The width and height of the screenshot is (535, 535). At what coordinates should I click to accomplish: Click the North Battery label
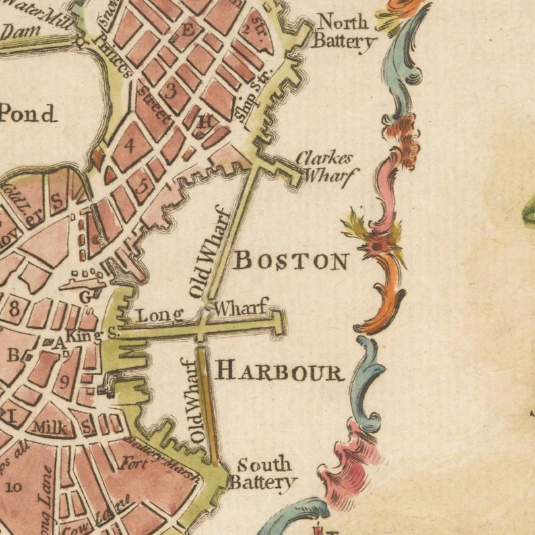[x=344, y=32]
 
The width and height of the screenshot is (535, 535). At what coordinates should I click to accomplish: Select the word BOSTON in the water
[x=291, y=260]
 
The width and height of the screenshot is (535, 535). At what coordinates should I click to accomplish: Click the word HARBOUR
[x=280, y=371]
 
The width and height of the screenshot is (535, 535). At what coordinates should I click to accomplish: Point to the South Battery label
[x=263, y=473]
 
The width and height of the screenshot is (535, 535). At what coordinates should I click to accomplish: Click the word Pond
[x=28, y=114]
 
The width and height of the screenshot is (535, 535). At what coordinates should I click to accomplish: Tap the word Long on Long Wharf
[x=160, y=315]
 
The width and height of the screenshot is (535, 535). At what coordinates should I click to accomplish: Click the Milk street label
[x=49, y=427]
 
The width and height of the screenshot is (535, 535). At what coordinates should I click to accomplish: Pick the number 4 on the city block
[x=129, y=144]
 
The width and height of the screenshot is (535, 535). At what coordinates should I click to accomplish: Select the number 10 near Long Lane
[x=13, y=486]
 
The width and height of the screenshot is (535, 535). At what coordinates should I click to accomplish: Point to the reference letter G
[x=85, y=296]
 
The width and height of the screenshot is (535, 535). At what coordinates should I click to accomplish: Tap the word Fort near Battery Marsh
[x=134, y=464]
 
